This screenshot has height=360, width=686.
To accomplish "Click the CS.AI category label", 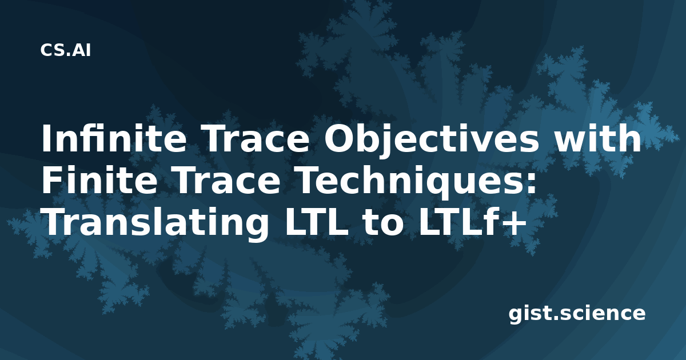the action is (x=66, y=50).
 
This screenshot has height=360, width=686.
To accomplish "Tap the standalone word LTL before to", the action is (x=316, y=222).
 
